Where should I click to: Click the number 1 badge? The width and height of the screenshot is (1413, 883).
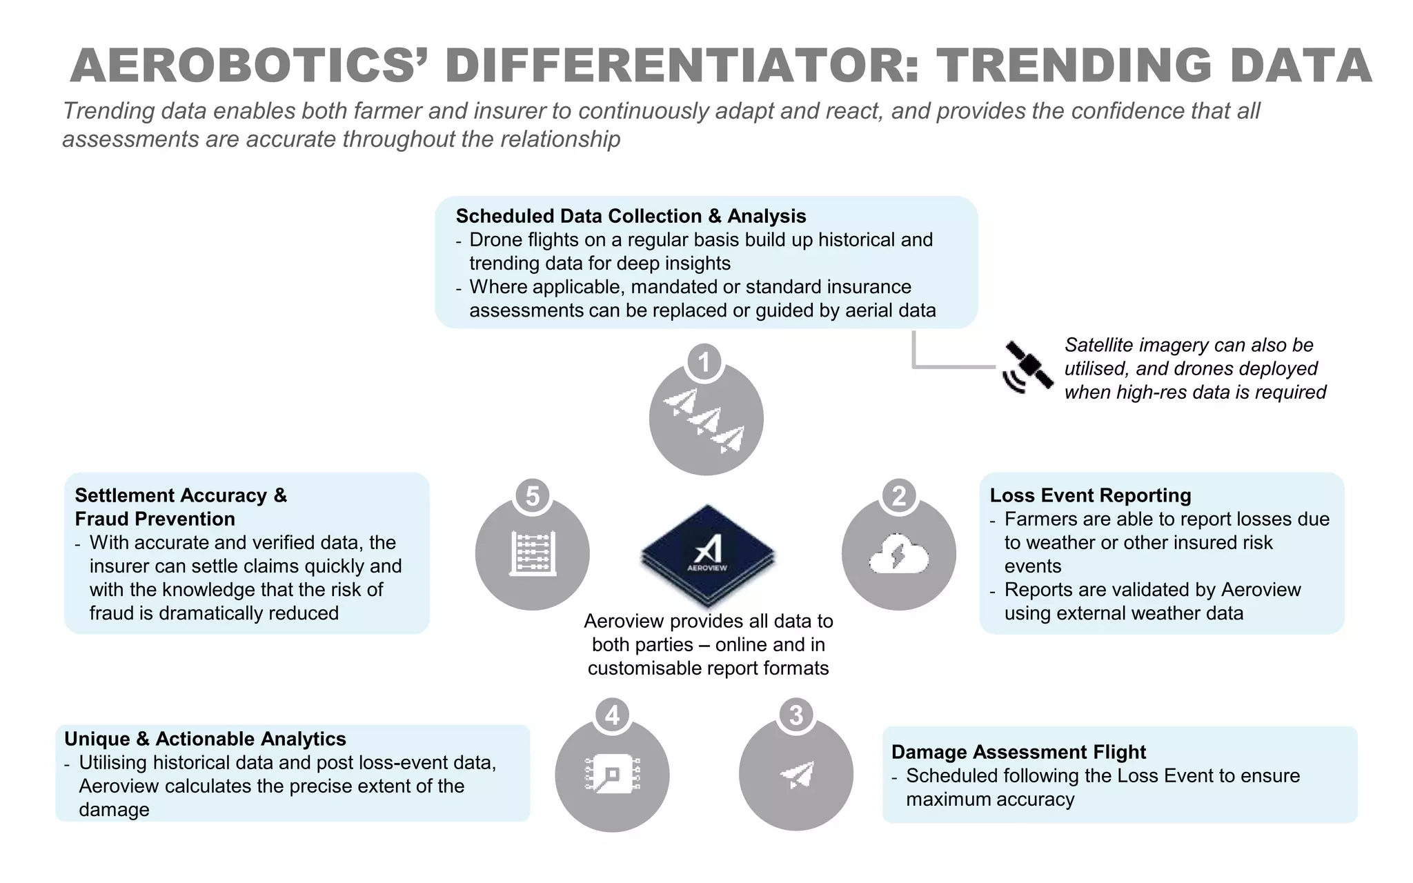[704, 362]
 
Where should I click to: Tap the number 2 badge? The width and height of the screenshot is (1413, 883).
[898, 496]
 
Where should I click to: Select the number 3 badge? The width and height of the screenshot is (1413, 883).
[796, 715]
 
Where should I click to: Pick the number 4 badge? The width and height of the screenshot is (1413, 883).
[612, 715]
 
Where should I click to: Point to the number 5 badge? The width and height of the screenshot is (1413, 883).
[532, 496]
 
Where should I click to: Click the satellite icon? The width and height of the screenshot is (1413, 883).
[1028, 368]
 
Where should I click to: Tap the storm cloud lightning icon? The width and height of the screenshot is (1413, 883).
[898, 555]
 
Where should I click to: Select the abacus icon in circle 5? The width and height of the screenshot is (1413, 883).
[532, 553]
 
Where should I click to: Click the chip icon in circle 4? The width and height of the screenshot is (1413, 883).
[612, 774]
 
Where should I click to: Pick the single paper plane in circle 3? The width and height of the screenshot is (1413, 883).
[797, 775]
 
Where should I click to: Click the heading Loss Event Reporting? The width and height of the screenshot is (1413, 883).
[1090, 495]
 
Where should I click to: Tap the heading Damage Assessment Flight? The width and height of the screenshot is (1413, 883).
[1018, 752]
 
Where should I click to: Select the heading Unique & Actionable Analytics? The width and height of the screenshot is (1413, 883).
[205, 739]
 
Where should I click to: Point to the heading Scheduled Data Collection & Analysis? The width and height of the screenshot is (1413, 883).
[631, 216]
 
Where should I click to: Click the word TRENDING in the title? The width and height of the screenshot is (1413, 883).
[1074, 66]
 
